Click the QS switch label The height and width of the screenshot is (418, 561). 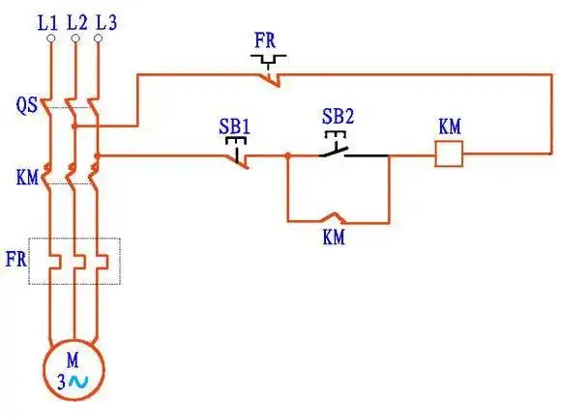27,105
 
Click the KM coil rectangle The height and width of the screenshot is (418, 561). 449,153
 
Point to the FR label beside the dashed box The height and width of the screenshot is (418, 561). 17,260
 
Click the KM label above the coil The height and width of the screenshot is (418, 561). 450,126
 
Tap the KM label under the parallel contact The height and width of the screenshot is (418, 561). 335,237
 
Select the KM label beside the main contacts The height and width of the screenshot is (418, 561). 27,178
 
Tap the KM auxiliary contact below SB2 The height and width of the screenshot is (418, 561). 335,217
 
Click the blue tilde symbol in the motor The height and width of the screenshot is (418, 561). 77,382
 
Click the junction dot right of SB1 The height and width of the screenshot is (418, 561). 287,154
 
